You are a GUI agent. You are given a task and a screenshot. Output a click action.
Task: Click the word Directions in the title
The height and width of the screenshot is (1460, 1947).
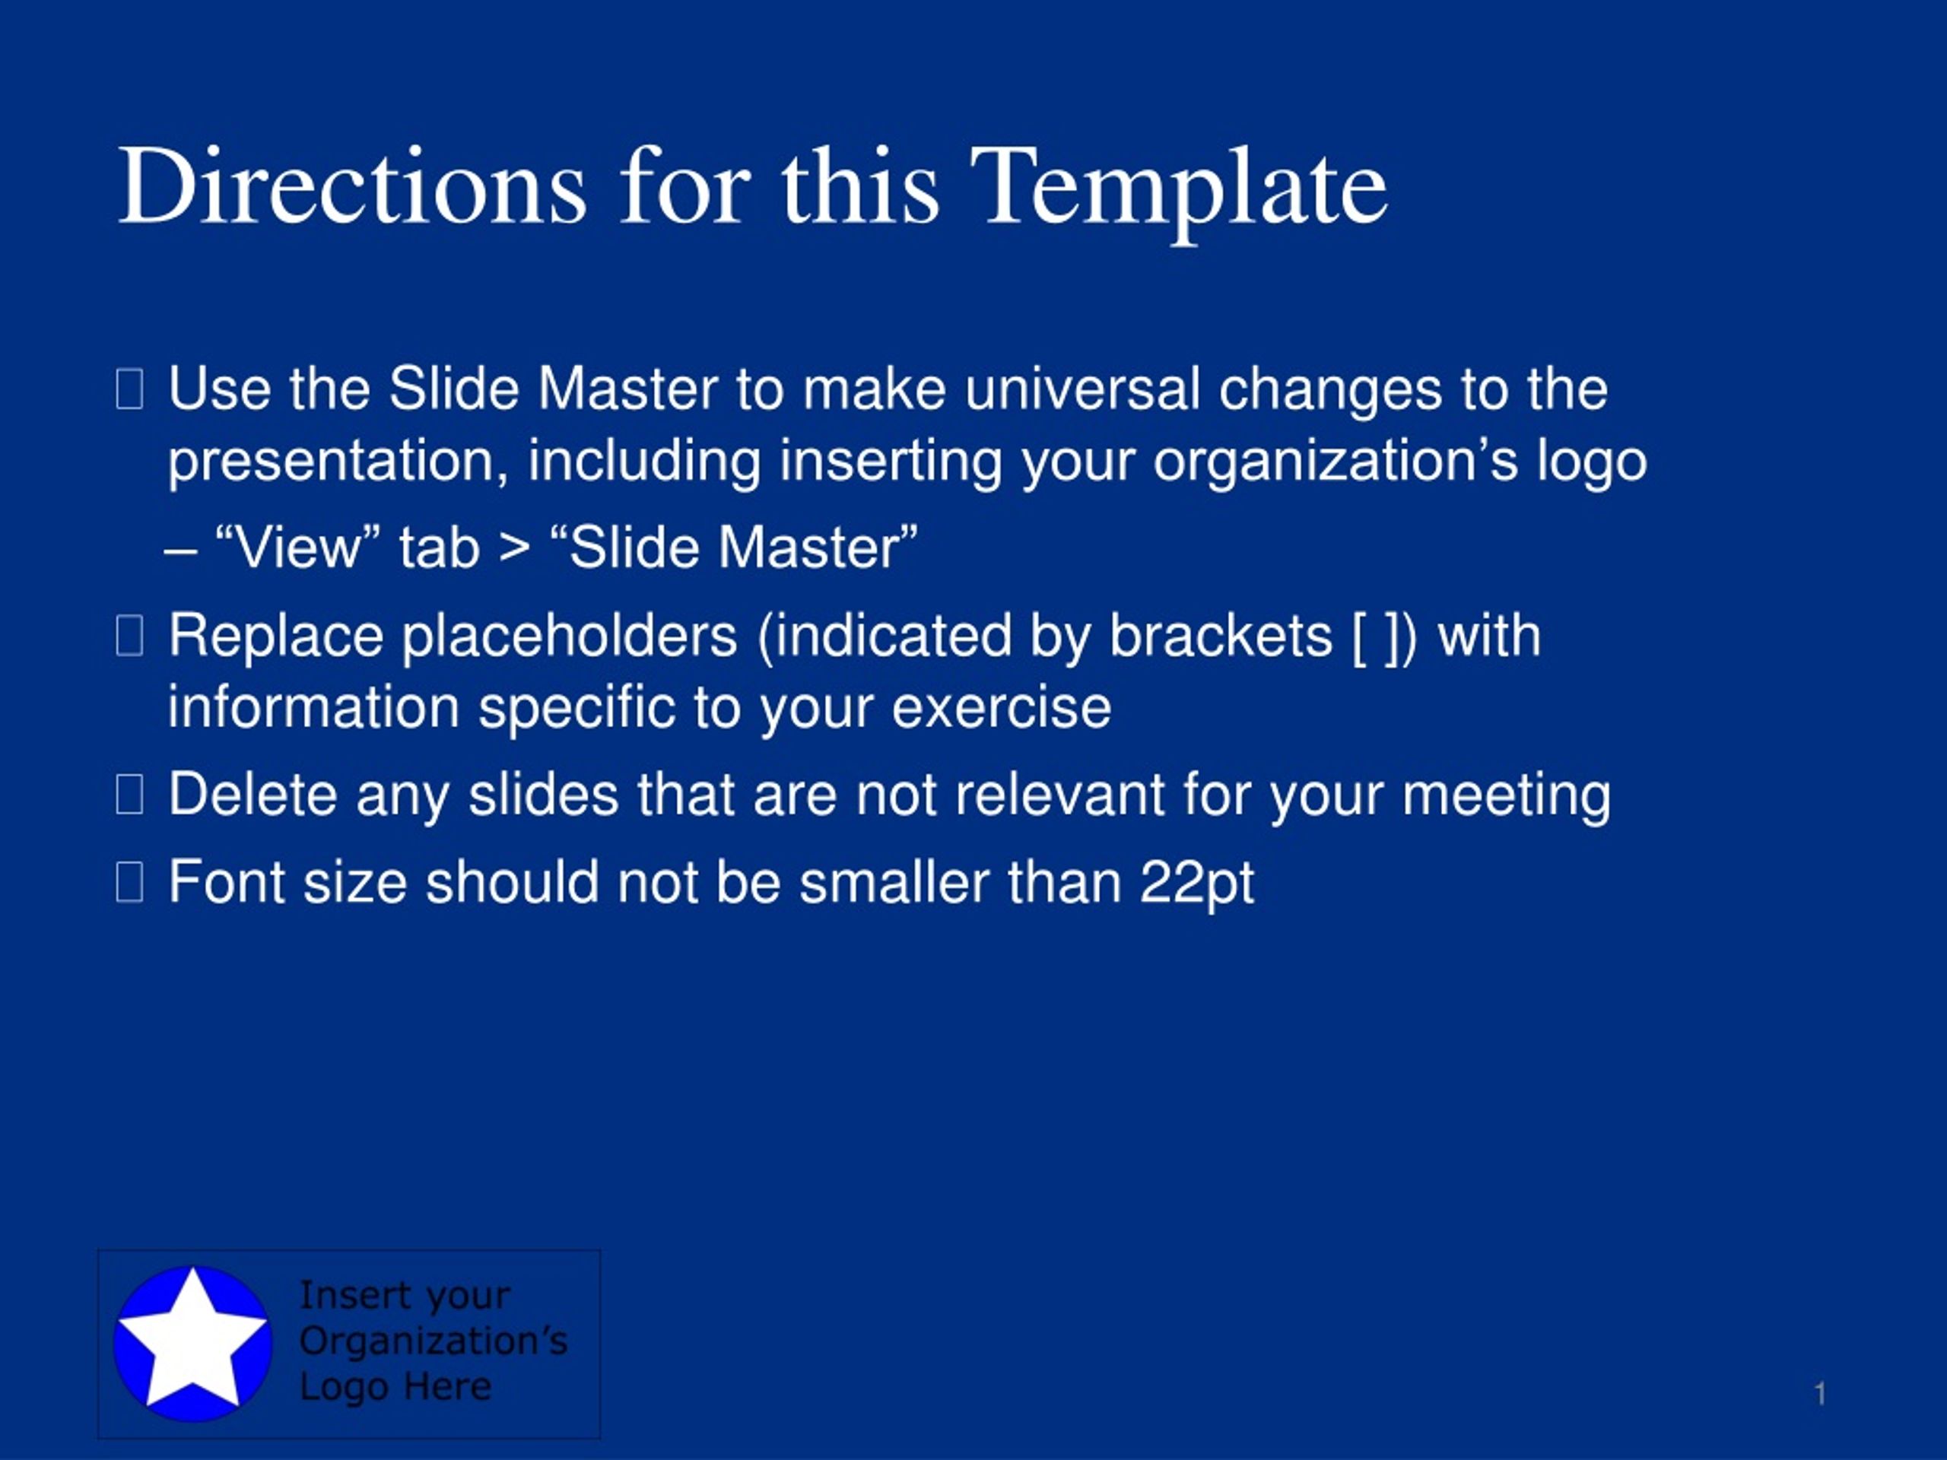click(352, 186)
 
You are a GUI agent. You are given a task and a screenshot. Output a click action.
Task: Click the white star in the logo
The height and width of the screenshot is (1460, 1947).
click(192, 1341)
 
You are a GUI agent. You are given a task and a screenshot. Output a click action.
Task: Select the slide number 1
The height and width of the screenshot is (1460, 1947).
click(1819, 1393)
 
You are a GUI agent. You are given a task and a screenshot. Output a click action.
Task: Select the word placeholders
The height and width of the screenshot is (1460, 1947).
click(570, 637)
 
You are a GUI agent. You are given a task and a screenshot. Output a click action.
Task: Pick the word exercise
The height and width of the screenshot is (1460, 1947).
click(1001, 709)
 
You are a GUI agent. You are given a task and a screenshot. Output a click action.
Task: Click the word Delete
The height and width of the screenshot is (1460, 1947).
click(253, 795)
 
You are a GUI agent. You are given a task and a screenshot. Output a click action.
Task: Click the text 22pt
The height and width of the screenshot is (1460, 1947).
click(1197, 884)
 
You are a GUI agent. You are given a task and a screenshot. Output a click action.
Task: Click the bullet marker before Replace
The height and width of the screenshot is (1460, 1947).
click(129, 636)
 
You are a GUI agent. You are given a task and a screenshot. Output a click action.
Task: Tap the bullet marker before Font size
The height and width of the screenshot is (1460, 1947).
click(129, 883)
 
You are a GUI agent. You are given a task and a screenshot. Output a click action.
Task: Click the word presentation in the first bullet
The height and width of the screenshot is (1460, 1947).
click(338, 463)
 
